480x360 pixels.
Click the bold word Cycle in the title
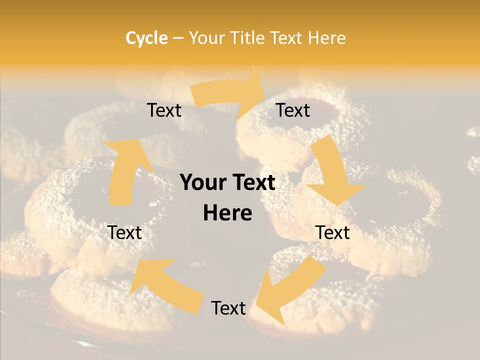146,38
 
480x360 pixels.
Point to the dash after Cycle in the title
178,38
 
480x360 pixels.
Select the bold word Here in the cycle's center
227,213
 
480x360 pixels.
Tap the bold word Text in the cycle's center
251,182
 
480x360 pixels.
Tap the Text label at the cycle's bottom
228,308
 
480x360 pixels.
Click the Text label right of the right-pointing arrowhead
293,110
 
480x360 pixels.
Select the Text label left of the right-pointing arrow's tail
164,110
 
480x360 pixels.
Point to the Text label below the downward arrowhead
333,232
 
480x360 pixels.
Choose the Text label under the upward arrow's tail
124,232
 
